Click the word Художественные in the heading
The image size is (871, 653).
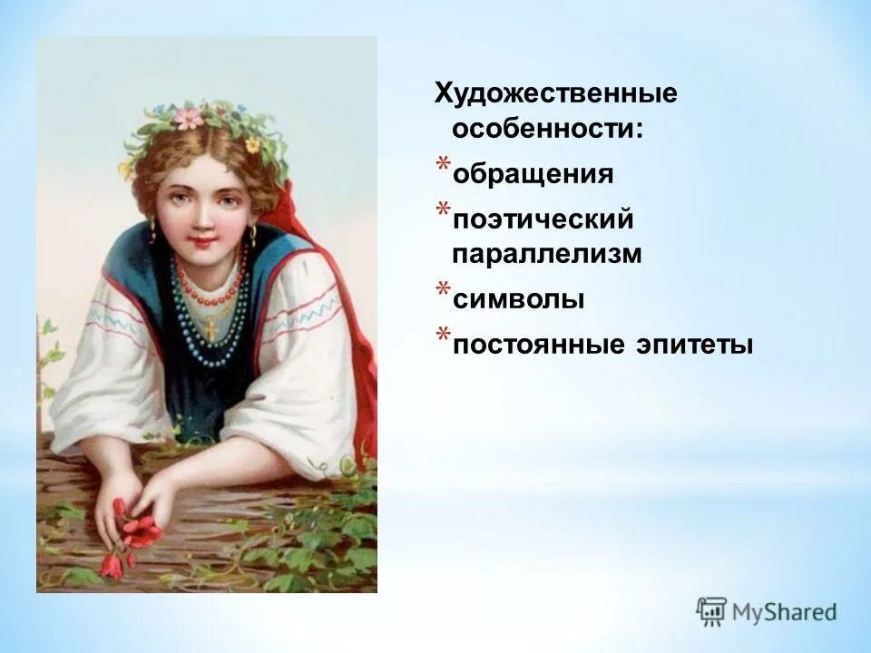(556, 93)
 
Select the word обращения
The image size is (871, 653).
(533, 173)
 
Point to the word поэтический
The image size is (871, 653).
(542, 219)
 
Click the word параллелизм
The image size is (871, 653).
(546, 254)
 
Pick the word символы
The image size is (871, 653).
(517, 298)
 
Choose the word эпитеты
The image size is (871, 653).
(695, 345)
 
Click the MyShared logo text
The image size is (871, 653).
(786, 611)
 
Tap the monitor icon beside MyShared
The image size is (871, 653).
(711, 610)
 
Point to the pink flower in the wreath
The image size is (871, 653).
(188, 118)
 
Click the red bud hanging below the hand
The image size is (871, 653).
(111, 565)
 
